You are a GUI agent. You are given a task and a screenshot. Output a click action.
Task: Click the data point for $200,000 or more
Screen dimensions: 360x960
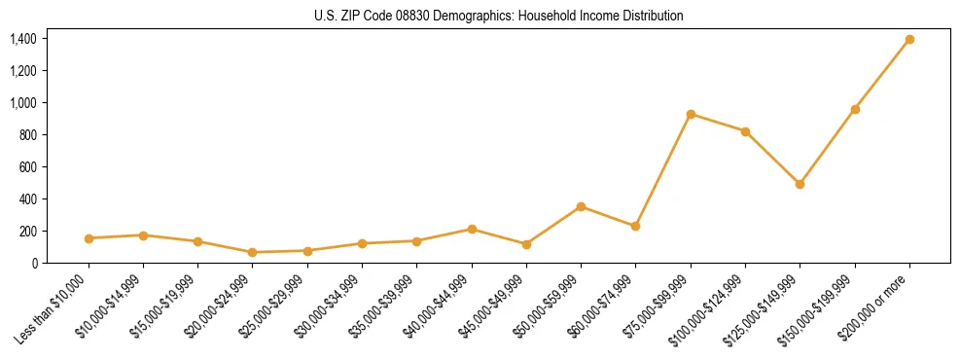[909, 40]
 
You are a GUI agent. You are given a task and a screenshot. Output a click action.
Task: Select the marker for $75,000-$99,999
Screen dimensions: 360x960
[691, 114]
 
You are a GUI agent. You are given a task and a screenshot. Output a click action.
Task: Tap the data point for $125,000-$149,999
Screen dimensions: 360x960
[800, 184]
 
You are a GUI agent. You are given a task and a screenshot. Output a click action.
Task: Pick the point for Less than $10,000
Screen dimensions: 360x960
[89, 238]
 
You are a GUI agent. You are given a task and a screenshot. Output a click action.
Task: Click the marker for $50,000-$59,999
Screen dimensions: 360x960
[581, 206]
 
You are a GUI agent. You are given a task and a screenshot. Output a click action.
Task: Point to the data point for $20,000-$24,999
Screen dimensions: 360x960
[253, 252]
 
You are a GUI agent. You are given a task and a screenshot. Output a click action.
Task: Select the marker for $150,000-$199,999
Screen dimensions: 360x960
[855, 109]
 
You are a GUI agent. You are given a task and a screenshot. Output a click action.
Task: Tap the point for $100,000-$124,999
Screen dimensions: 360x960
[745, 131]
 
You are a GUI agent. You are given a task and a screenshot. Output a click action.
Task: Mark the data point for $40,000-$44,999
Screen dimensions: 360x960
[472, 230]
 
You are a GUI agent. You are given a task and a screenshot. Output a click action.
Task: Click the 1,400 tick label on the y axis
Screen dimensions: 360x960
[23, 39]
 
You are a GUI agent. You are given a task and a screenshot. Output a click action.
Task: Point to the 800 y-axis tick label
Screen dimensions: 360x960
[27, 134]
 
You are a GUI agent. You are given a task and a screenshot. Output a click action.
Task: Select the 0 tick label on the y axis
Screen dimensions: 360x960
[34, 263]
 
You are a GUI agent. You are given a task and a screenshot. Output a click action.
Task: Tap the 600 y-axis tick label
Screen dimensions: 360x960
[27, 166]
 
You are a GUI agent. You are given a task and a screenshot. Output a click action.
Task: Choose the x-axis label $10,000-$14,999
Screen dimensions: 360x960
[114, 303]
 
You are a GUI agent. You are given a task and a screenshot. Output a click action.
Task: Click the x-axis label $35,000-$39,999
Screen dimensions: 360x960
[387, 303]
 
